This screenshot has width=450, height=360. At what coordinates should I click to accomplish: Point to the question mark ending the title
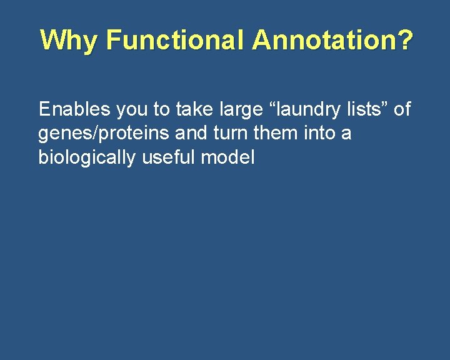[x=406, y=41]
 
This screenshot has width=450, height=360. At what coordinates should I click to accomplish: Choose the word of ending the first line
[x=402, y=109]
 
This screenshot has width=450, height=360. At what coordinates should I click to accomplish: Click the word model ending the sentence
[x=228, y=157]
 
